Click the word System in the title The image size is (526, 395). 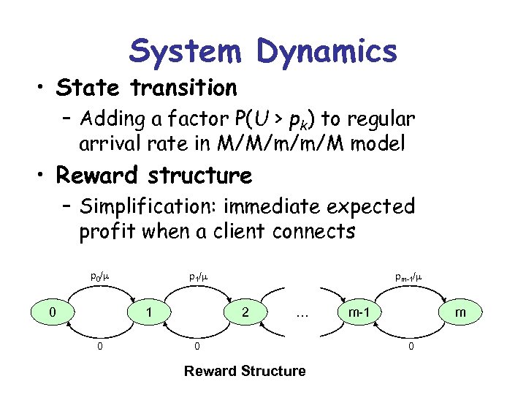point(186,51)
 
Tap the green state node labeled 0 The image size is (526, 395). point(51,313)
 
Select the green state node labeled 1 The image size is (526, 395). point(149,313)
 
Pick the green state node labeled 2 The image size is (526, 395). point(246,313)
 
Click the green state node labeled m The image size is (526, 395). point(460,313)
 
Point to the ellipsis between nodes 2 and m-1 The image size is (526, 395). point(302,314)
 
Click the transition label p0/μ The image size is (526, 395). point(99,277)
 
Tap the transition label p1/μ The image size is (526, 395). point(197,277)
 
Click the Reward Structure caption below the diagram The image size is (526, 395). point(245,371)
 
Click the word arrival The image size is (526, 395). point(110,144)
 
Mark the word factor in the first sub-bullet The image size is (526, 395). point(183,118)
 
